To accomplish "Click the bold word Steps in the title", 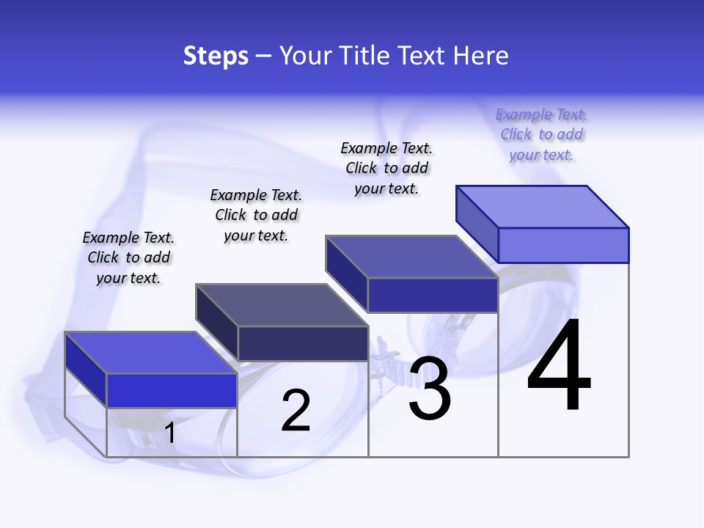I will pyautogui.click(x=216, y=56).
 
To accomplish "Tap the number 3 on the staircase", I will pyautogui.click(x=430, y=389).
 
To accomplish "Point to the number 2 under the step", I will pyautogui.click(x=296, y=411).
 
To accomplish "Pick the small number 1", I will pyautogui.click(x=170, y=433).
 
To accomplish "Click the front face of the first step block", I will pyautogui.click(x=172, y=390).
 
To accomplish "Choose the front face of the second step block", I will pyautogui.click(x=303, y=343).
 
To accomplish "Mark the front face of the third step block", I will pyautogui.click(x=433, y=296).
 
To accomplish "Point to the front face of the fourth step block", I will pyautogui.click(x=563, y=245).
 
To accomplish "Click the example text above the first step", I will pyautogui.click(x=128, y=257).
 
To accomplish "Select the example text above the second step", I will pyautogui.click(x=256, y=215).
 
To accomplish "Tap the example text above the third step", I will pyautogui.click(x=386, y=168).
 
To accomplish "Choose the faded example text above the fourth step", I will pyautogui.click(x=541, y=134).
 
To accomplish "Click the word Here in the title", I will pyautogui.click(x=481, y=56).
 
